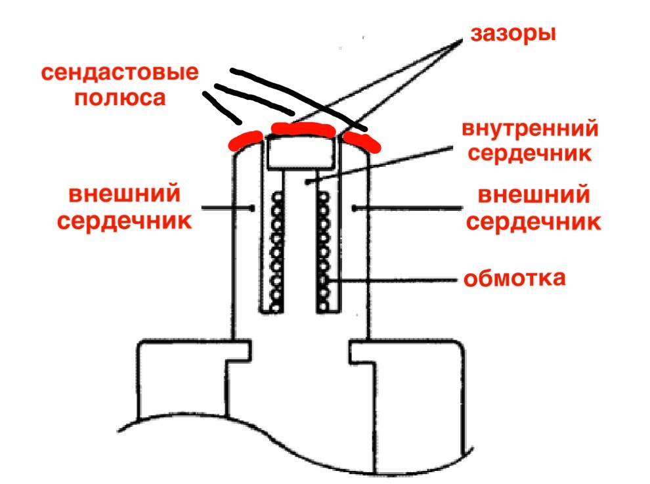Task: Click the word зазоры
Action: pyautogui.click(x=512, y=32)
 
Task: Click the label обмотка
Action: pyautogui.click(x=515, y=278)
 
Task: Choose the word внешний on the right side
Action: pyautogui.click(x=533, y=196)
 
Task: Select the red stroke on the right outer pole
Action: pyautogui.click(x=361, y=139)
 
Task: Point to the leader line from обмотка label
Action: pyautogui.click(x=394, y=280)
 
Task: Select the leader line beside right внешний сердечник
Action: pyautogui.click(x=407, y=208)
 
